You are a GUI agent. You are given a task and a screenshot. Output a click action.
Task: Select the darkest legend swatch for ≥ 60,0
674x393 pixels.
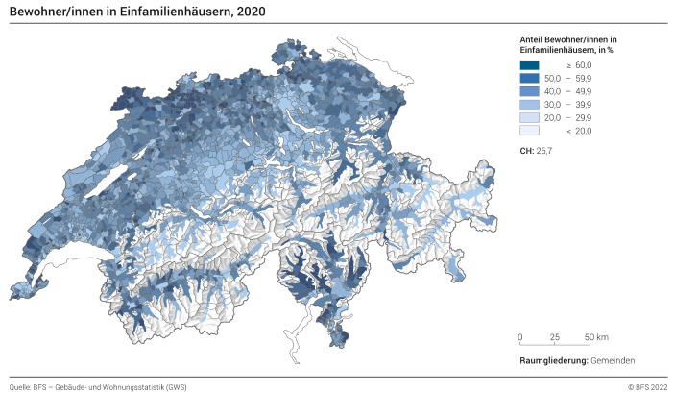click(530, 63)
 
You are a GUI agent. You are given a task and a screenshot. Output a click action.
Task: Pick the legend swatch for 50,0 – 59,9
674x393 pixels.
click(530, 77)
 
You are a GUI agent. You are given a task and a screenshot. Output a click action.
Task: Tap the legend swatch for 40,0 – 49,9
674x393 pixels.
click(530, 90)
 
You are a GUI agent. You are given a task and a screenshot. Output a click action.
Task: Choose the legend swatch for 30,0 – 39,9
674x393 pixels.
click(530, 104)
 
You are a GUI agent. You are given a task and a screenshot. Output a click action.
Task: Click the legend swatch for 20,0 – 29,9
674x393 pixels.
click(530, 117)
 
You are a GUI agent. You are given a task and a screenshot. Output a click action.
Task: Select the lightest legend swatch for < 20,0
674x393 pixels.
click(530, 131)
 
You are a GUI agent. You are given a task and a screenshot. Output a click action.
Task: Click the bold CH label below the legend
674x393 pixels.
click(525, 151)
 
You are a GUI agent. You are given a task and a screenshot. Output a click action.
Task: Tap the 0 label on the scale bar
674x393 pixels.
click(520, 337)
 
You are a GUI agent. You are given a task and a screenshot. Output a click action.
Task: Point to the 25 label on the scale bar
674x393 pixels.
click(555, 337)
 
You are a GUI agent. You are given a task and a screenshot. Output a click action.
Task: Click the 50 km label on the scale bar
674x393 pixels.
click(595, 337)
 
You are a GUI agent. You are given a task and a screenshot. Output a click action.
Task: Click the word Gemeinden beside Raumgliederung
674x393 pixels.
click(614, 360)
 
